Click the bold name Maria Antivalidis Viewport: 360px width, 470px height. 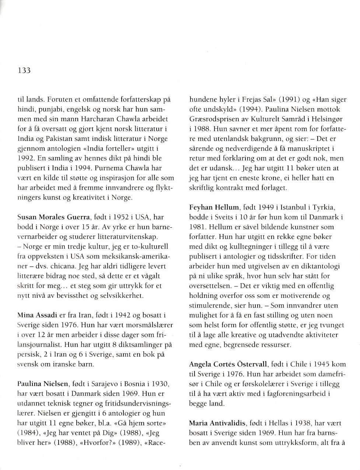(x=218, y=423)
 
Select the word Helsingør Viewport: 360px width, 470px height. (x=326, y=119)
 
